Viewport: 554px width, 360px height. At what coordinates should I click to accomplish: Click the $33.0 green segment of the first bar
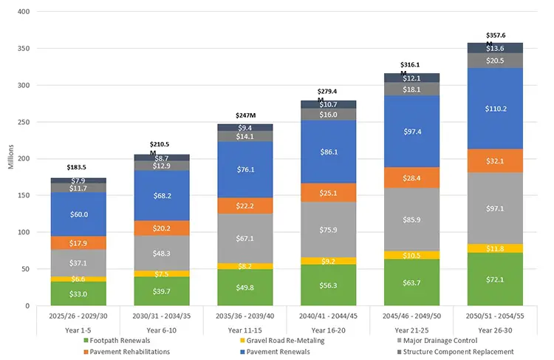[78, 293]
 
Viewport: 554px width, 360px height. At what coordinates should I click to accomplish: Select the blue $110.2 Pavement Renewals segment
[495, 109]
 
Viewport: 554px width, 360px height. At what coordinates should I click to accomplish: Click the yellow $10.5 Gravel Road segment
[411, 255]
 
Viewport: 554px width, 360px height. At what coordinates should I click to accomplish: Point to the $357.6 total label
[496, 35]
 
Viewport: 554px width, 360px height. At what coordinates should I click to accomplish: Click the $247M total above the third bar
[244, 115]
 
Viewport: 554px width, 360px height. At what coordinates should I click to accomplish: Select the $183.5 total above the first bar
[78, 167]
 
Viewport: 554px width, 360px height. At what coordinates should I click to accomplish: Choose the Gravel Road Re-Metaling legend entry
[278, 340]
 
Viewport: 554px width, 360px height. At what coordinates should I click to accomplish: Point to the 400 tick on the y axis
[24, 13]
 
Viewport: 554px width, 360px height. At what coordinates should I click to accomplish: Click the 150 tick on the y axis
[24, 196]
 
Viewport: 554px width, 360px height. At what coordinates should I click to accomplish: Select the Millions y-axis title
[10, 158]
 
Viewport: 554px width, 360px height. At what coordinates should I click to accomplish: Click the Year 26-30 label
[495, 329]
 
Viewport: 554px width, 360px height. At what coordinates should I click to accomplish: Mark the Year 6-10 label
[161, 329]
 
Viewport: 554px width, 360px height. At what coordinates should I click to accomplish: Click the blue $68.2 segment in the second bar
[161, 196]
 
